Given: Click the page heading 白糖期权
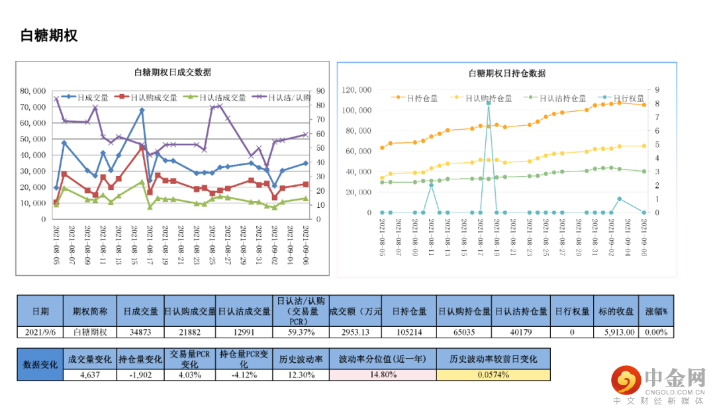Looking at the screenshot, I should pos(49,36).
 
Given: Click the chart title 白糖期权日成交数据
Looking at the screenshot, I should pos(173,73).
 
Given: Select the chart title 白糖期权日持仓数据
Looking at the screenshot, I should pos(507,73).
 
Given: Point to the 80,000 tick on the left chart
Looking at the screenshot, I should pos(32,91).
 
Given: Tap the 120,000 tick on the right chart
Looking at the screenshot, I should pos(356,89).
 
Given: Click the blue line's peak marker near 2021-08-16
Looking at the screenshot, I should pos(142,111).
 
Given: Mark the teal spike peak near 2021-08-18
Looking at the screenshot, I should pos(489,103).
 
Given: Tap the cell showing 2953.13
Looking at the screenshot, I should pos(355,332).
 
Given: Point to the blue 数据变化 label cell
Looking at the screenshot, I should pos(40,365).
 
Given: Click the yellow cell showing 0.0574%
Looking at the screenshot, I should pos(493,375).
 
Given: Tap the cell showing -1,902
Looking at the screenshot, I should pos(140,375).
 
